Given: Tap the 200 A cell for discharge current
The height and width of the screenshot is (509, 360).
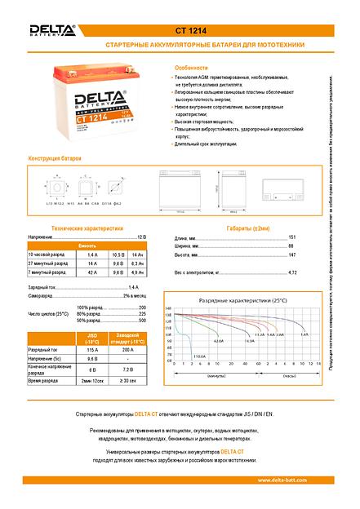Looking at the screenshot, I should pyautogui.click(x=127, y=349).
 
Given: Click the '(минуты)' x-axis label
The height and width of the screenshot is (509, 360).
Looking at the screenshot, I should pyautogui.click(x=216, y=374).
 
